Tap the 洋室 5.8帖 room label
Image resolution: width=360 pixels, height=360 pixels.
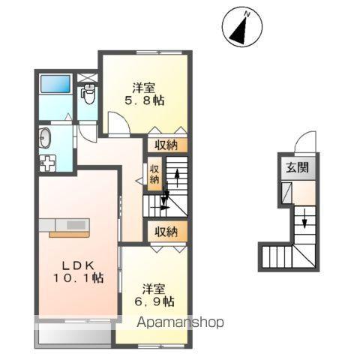coord(143,93)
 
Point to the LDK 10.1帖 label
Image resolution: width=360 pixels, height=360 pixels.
coord(77,271)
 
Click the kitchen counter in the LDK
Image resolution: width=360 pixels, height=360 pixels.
coord(69,226)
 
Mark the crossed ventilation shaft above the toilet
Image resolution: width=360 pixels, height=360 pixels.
coord(88,76)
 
